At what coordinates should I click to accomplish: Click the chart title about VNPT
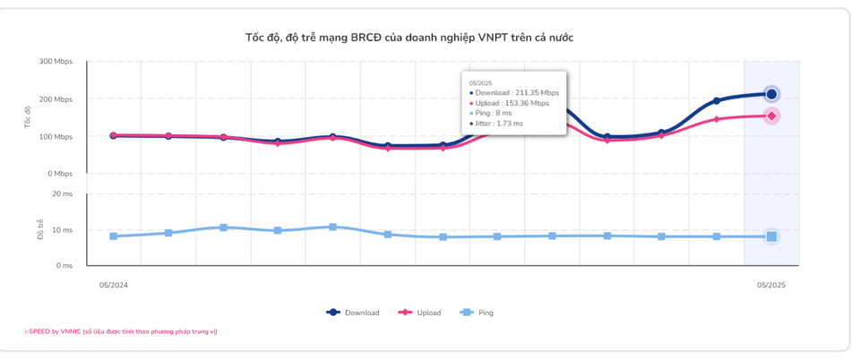[408, 38]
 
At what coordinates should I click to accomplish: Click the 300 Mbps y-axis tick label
[56, 62]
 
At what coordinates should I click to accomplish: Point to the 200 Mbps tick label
[56, 99]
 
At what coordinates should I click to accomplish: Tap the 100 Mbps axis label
[56, 136]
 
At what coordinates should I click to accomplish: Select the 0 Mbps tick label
[59, 173]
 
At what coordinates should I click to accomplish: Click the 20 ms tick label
[62, 193]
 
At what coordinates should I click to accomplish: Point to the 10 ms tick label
[62, 230]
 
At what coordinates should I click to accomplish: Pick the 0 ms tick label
[64, 265]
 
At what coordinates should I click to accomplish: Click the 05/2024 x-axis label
[113, 285]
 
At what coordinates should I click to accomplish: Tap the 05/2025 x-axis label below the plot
[770, 285]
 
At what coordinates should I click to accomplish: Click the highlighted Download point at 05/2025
[771, 94]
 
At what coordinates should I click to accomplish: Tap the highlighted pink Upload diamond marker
[771, 116]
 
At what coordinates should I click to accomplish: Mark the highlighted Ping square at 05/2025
[771, 236]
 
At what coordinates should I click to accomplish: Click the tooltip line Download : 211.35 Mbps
[512, 92]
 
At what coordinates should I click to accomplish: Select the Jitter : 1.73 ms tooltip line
[494, 124]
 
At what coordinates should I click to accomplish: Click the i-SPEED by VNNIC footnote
[121, 331]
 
